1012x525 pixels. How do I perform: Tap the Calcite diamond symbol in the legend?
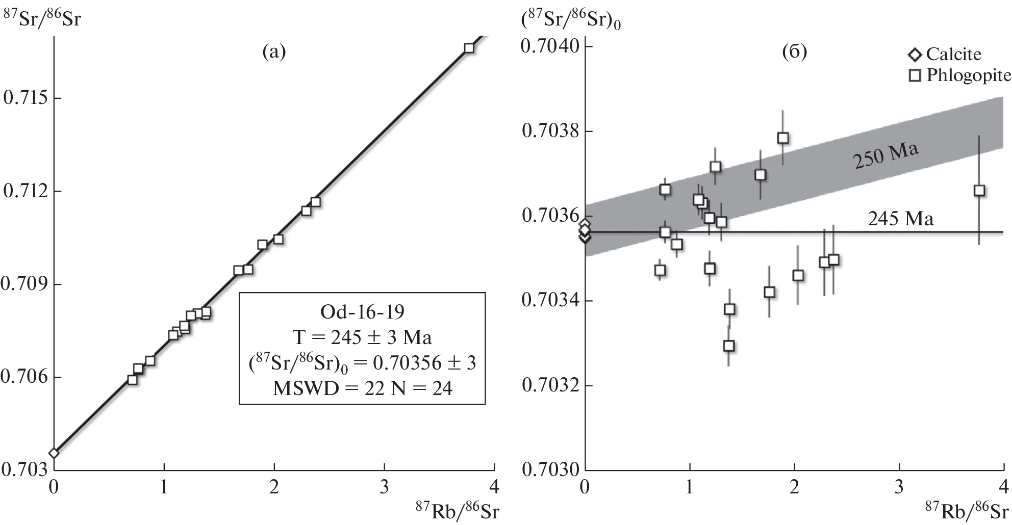pyautogui.click(x=915, y=55)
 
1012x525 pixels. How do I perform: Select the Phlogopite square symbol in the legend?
pyautogui.click(x=916, y=76)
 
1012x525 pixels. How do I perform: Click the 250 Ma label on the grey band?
pyautogui.click(x=886, y=156)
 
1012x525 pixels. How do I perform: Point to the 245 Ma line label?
pyautogui.click(x=901, y=219)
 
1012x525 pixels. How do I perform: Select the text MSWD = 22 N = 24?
pyautogui.click(x=362, y=389)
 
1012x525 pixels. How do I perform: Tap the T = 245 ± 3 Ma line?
pyautogui.click(x=362, y=337)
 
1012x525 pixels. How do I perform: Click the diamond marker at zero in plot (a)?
pyautogui.click(x=54, y=453)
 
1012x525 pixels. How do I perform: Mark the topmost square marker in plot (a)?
pyautogui.click(x=469, y=48)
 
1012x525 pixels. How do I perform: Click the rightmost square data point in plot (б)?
pyautogui.click(x=979, y=191)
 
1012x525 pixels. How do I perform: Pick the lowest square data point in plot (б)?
pyautogui.click(x=729, y=346)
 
